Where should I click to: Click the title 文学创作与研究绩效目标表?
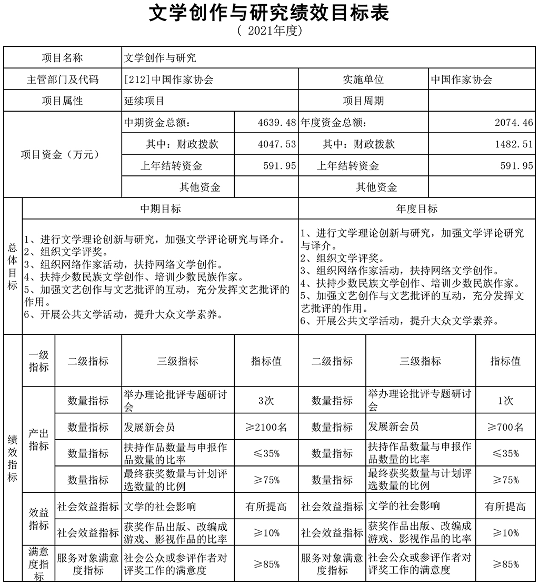tap(269, 13)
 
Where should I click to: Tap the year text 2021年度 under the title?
tap(269, 31)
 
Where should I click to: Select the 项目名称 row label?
tap(62, 57)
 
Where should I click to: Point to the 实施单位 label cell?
tap(363, 80)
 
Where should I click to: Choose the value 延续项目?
tap(144, 101)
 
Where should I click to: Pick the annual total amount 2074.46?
tap(514, 123)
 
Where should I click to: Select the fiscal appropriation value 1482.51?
tap(514, 144)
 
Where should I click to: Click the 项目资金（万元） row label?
tap(62, 155)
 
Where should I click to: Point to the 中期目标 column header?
tap(160, 209)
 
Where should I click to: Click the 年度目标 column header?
tap(417, 209)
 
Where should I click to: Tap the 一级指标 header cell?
tap(38, 361)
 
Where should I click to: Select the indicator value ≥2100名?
tap(266, 427)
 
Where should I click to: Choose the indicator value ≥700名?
tap(505, 427)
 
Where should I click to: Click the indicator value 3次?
tap(266, 400)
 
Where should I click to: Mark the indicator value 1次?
tap(505, 400)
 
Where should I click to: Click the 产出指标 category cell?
tap(38, 440)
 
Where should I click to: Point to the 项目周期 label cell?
tap(363, 101)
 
